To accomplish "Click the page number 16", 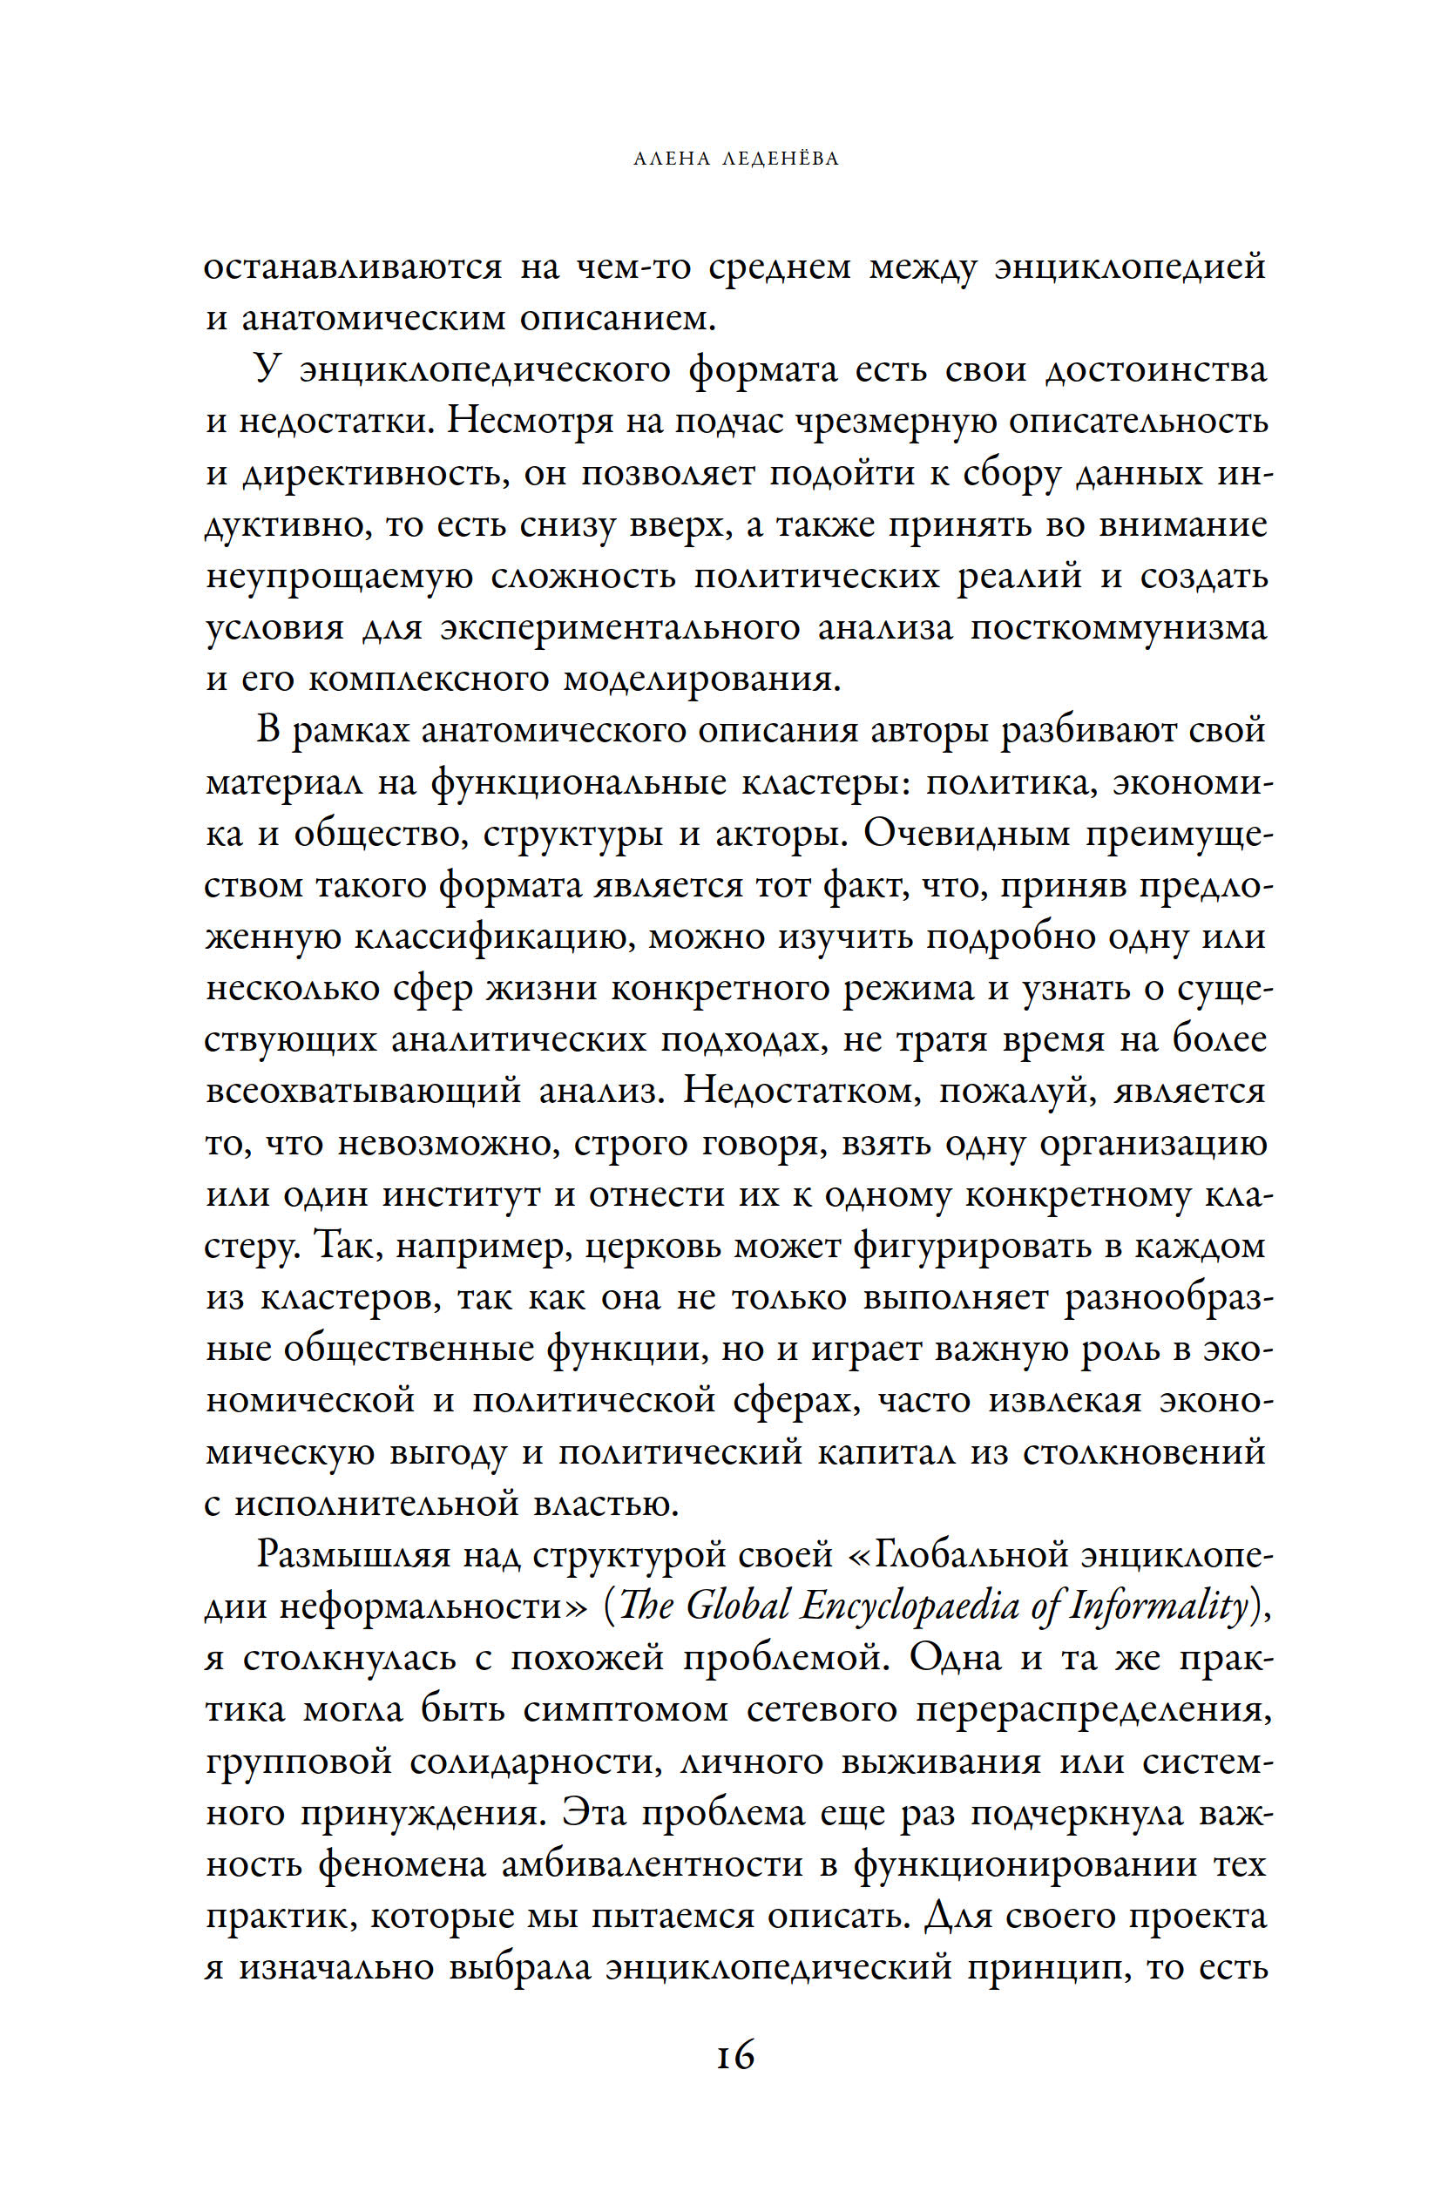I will click(x=734, y=2056).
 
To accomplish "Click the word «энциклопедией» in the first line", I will click(x=1130, y=267).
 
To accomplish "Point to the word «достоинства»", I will click(x=1155, y=370).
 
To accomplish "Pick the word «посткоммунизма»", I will click(x=1119, y=628).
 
